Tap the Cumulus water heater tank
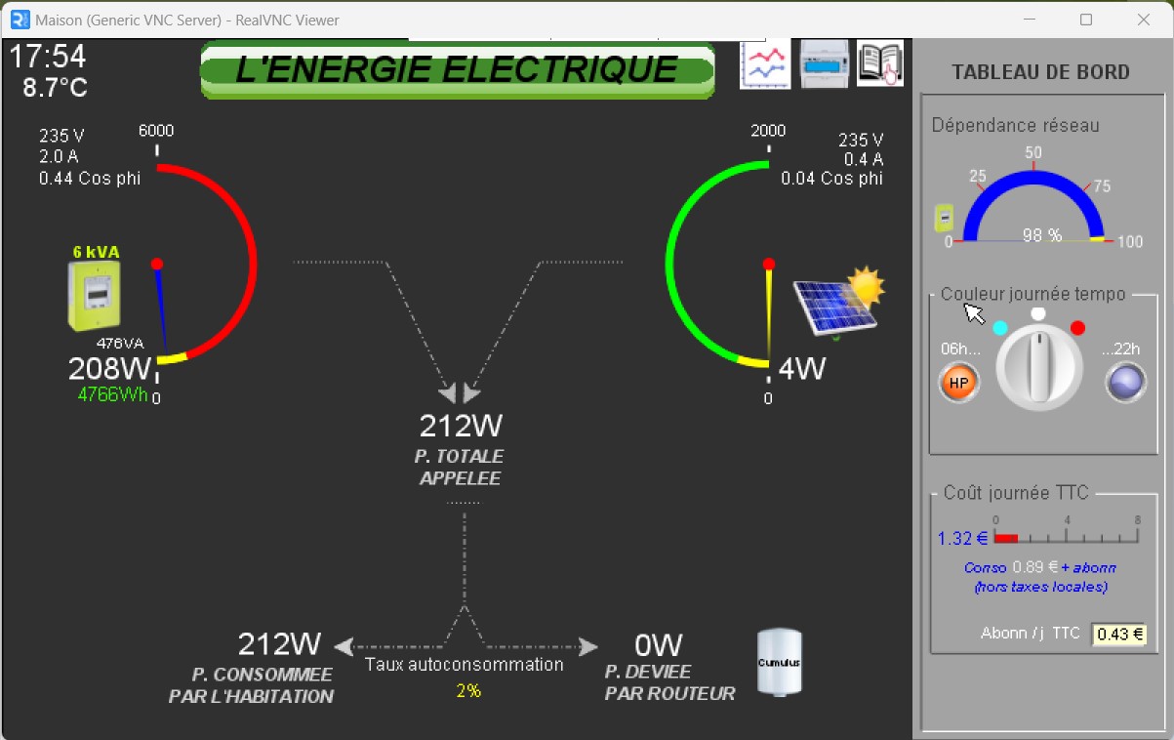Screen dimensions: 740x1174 point(780,662)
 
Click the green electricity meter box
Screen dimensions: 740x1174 point(95,296)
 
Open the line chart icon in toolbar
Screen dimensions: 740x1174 point(765,64)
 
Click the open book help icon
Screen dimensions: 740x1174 point(879,64)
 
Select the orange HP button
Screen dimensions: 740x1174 point(958,383)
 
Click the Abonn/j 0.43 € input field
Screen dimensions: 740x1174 point(1118,635)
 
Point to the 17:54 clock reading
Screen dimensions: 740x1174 point(48,57)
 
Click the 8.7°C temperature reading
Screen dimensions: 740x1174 point(56,88)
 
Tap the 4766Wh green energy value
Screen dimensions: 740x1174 point(113,394)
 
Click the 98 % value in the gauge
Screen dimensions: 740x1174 point(1041,235)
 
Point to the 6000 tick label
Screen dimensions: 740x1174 point(156,131)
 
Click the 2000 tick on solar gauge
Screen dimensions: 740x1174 point(768,131)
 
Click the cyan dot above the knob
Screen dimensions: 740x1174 point(999,329)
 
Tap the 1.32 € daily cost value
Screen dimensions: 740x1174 point(962,538)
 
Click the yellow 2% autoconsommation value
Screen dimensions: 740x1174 point(467,690)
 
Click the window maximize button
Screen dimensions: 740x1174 point(1086,20)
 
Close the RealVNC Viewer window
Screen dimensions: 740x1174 point(1144,20)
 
